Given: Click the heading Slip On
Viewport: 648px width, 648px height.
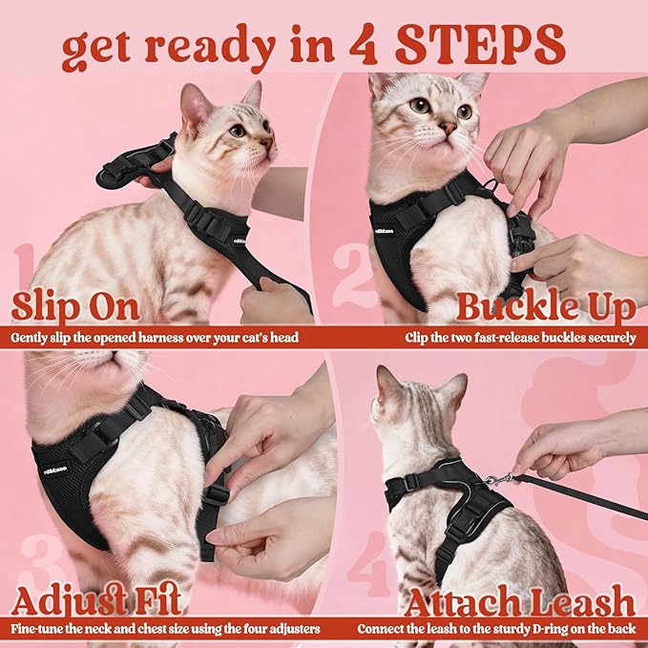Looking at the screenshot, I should point(76,307).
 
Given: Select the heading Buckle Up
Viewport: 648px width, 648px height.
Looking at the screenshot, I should point(546,307).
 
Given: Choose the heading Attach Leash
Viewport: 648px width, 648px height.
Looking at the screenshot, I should point(519,602).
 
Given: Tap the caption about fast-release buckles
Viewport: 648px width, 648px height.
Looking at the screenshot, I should point(519,337).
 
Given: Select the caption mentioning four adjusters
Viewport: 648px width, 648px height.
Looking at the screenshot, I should point(163,629).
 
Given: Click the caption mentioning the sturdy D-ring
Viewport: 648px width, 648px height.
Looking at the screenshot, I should point(496,629).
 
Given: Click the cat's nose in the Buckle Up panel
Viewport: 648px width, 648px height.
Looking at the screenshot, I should point(447,127).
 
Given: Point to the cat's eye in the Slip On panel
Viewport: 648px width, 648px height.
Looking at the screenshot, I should point(236,130).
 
